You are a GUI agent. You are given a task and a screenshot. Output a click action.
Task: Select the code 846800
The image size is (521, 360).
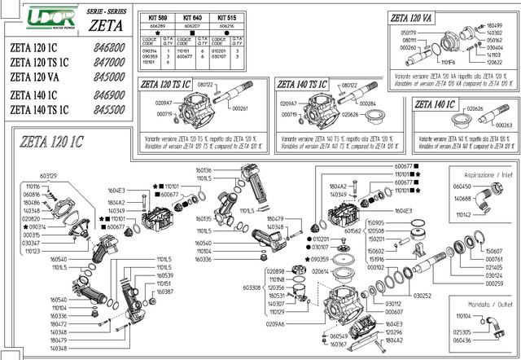(x=108, y=48)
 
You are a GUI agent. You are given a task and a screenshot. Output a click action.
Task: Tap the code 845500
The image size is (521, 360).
(x=108, y=108)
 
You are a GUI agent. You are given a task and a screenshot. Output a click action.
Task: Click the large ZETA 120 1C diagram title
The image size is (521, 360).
(x=47, y=140)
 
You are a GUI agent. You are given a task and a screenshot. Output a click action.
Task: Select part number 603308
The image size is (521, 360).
(x=251, y=287)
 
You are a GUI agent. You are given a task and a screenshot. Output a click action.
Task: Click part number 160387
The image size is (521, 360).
(x=164, y=291)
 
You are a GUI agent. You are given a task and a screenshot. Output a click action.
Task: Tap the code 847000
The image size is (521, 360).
(x=108, y=62)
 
